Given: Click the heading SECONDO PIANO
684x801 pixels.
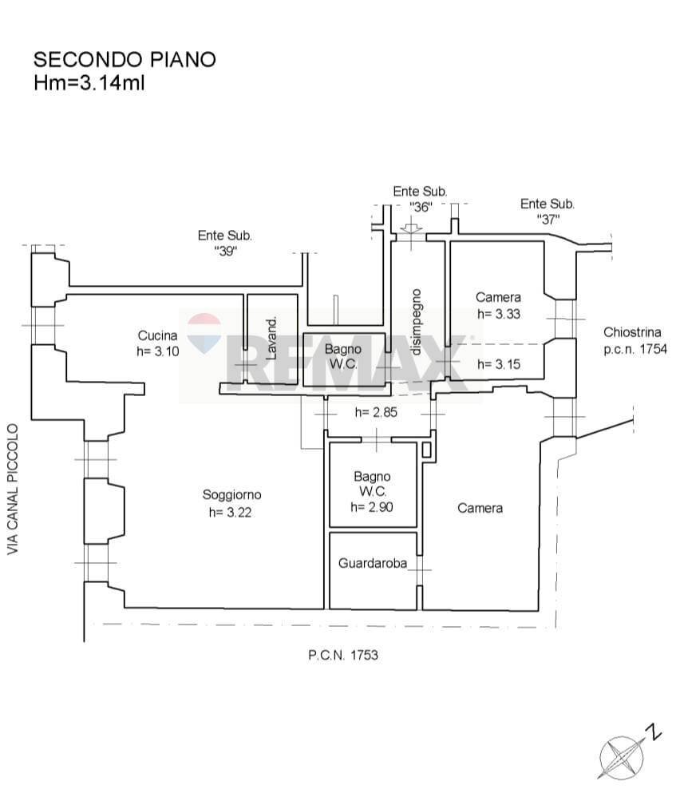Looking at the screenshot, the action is (x=125, y=60).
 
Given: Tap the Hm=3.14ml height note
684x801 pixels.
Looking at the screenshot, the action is (x=89, y=82).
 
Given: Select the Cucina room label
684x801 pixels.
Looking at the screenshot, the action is (x=158, y=335).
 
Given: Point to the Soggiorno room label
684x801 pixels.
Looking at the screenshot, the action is (x=231, y=494).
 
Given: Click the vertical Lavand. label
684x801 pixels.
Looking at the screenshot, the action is (x=272, y=338).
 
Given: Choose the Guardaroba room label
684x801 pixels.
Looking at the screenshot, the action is (x=373, y=563).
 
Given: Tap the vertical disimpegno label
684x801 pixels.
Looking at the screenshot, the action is (x=417, y=322).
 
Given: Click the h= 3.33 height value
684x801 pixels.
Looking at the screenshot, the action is (x=499, y=314).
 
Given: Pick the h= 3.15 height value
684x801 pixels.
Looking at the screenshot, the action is (x=499, y=363).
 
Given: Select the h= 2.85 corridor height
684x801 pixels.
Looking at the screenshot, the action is (x=376, y=412).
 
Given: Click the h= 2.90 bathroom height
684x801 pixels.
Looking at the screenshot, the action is (x=372, y=507).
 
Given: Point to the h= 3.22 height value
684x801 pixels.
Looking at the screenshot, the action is (x=230, y=512).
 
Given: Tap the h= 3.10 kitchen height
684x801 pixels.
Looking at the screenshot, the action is (x=158, y=351).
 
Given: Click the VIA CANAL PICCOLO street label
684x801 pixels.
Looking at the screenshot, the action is (x=12, y=489).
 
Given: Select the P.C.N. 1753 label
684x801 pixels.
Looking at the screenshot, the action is (x=343, y=655).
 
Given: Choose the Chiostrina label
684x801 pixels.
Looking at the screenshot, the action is (x=632, y=332).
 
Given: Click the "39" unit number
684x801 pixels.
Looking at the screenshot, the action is (x=225, y=251).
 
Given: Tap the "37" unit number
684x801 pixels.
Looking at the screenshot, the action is (x=548, y=219).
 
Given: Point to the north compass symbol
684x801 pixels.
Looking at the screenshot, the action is (x=628, y=754).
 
